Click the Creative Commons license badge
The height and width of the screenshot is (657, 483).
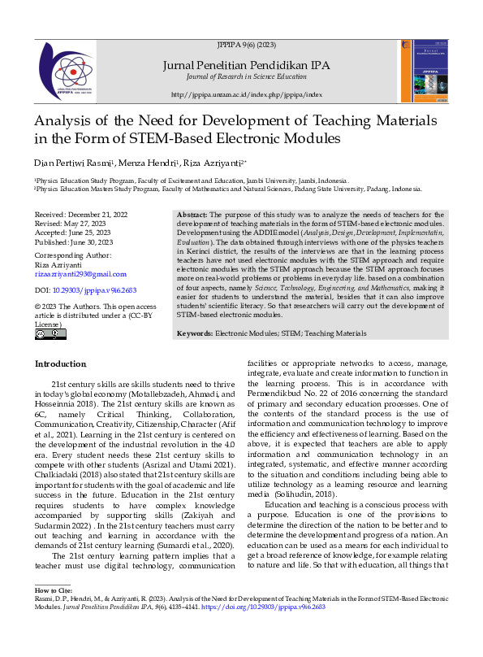coord(50,333)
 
